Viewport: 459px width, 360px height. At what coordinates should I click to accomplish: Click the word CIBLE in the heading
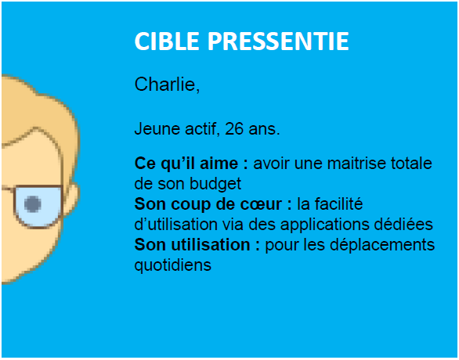click(x=167, y=41)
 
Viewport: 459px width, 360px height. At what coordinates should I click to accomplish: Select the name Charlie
click(x=167, y=85)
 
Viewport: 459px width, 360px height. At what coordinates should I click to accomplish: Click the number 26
click(x=234, y=128)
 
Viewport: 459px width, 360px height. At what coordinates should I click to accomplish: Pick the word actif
click(x=203, y=129)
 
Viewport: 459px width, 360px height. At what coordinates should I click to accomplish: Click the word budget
click(x=215, y=184)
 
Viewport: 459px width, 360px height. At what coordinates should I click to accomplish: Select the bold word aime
click(x=223, y=164)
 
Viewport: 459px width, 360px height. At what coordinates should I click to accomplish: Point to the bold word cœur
click(x=262, y=204)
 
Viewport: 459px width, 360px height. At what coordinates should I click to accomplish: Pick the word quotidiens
click(x=172, y=265)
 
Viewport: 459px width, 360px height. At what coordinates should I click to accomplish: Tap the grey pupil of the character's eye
click(x=32, y=203)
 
